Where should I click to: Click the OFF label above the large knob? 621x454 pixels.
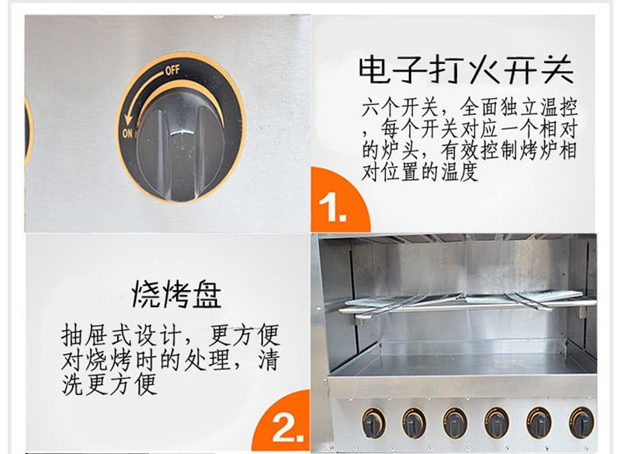[x=172, y=71]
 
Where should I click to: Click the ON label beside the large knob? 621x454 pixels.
[x=127, y=133]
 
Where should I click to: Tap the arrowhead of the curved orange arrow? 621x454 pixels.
[x=128, y=120]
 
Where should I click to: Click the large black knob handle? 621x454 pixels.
[x=181, y=145]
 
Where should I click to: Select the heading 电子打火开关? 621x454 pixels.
[x=467, y=70]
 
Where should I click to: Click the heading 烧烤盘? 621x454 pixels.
[x=176, y=294]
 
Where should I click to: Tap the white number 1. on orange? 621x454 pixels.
[x=332, y=208]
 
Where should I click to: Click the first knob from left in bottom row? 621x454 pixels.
[x=373, y=423]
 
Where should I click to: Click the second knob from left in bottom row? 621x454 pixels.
[x=415, y=423]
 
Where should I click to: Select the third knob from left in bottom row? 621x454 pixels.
[x=455, y=423]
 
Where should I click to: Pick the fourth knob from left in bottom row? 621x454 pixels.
[x=497, y=423]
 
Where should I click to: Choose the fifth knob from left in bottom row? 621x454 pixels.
[x=539, y=423]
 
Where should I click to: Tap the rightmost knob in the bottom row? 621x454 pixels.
[x=581, y=423]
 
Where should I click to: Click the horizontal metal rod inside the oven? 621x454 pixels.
[x=467, y=307]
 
